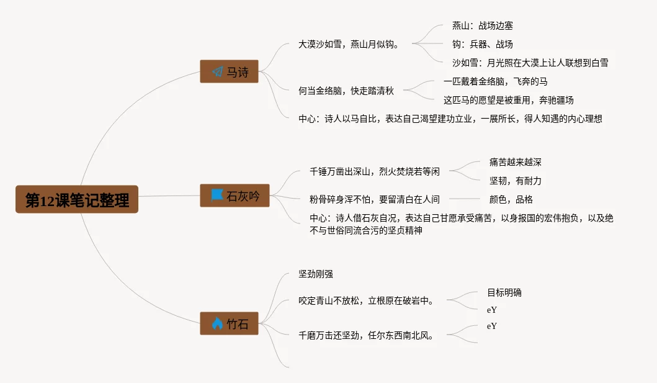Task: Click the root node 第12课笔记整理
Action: coord(77,200)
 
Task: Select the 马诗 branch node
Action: coord(229,72)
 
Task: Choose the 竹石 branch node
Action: coord(229,323)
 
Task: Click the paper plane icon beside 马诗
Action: coord(217,72)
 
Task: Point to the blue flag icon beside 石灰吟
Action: coord(217,196)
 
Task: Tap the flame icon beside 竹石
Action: coord(217,323)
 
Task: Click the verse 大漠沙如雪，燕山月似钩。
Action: coord(348,45)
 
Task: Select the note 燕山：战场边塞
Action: coord(483,26)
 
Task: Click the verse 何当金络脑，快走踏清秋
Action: coord(342,91)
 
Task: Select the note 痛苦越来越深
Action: coord(515,162)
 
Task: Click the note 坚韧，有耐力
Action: coord(515,181)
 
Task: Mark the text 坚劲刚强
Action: coord(316,274)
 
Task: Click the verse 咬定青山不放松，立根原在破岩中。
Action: coord(366,301)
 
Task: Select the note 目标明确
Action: coord(504,292)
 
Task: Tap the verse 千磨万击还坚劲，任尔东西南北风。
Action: coord(366,335)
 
